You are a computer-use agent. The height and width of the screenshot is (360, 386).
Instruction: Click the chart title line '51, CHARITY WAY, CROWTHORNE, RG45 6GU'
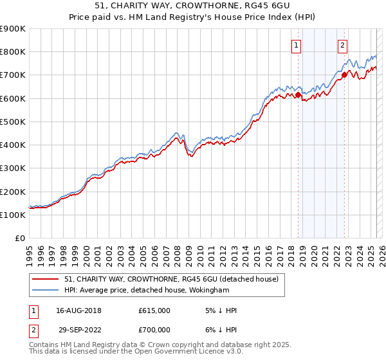(192, 8)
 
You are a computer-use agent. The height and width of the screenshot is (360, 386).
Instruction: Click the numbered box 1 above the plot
(295, 45)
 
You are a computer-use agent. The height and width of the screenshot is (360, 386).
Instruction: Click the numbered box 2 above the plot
(342, 45)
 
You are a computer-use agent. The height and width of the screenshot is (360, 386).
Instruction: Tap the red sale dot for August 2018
(298, 94)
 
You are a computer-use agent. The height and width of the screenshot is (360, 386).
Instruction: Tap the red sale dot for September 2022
(344, 75)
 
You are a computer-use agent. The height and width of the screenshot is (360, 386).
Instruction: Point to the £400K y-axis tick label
(12, 145)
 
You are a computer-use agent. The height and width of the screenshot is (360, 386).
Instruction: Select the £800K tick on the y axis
(12, 51)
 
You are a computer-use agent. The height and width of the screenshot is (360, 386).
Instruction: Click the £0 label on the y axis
(19, 238)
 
